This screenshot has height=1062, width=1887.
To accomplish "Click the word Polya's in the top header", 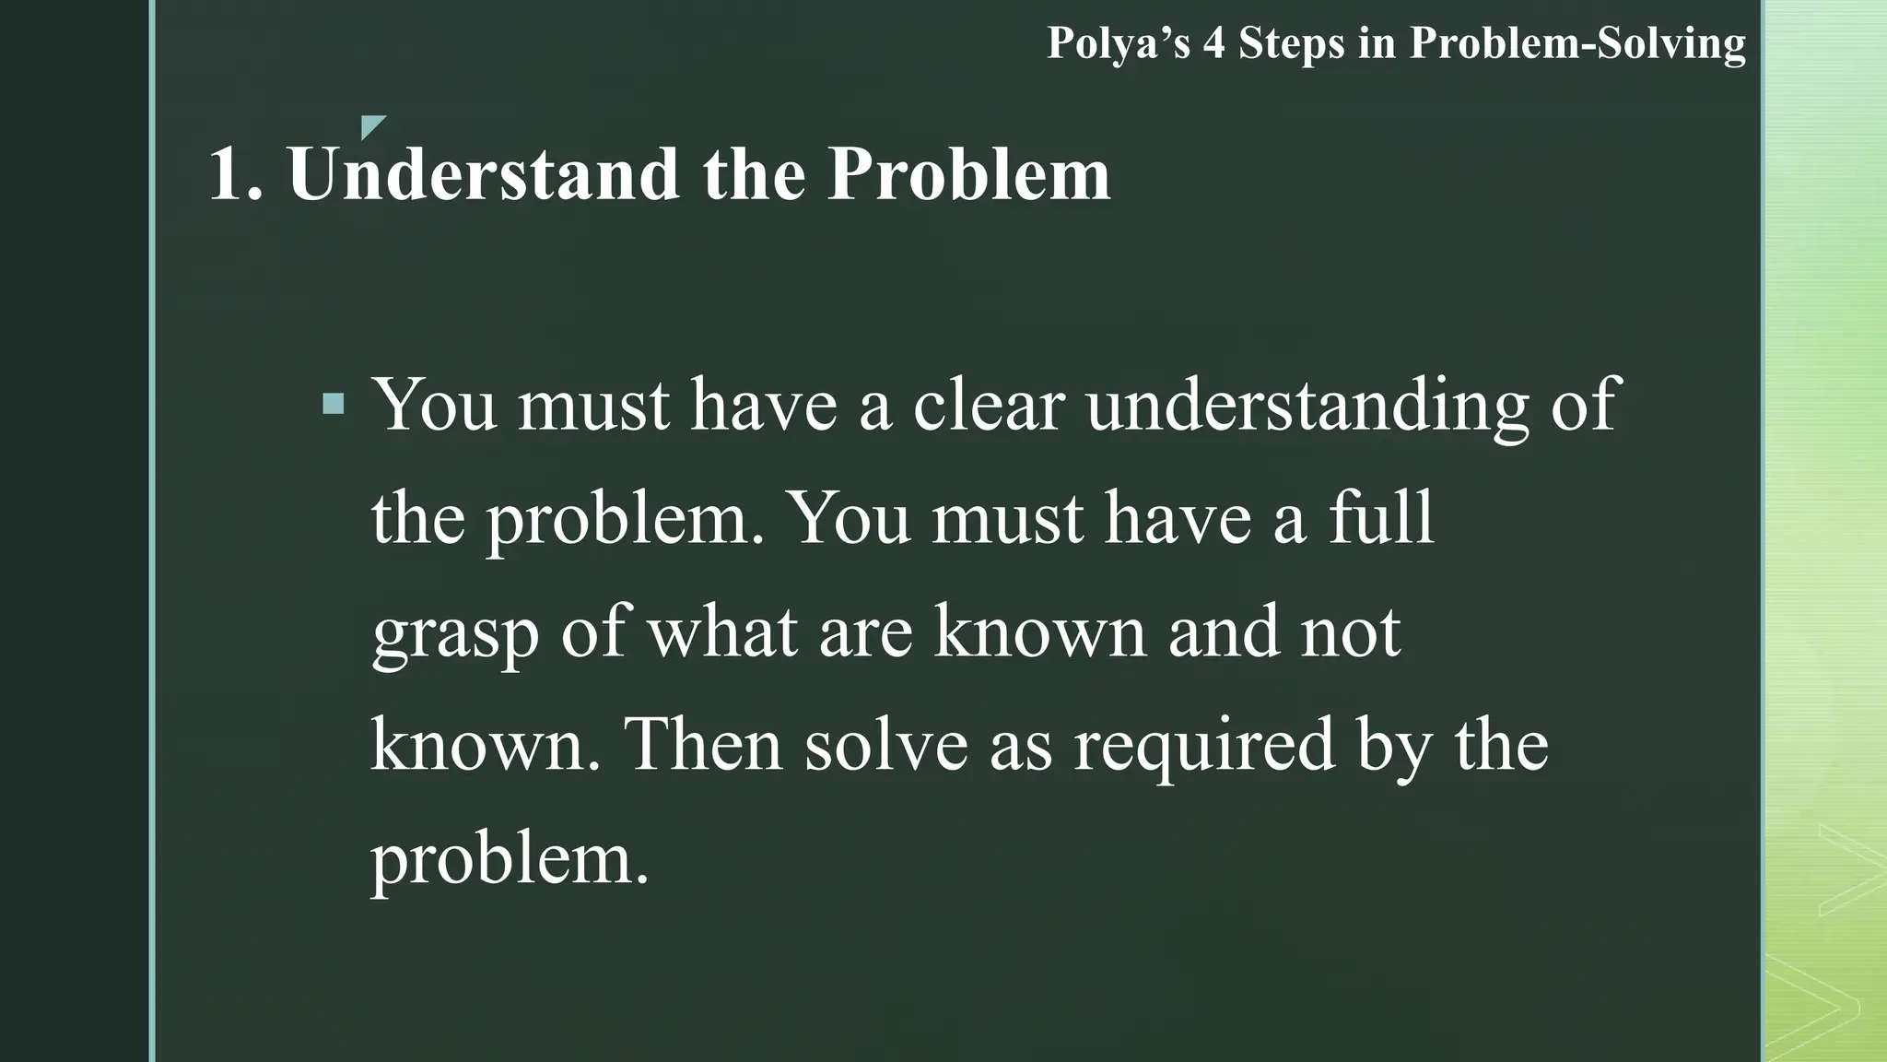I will (x=1119, y=44).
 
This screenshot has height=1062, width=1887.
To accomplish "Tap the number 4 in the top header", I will (x=1213, y=44).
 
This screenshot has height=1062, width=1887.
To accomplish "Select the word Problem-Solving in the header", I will (x=1577, y=44).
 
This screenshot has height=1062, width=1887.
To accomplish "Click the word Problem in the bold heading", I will (x=968, y=174).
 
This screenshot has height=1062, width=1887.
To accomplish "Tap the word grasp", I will (x=455, y=634).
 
